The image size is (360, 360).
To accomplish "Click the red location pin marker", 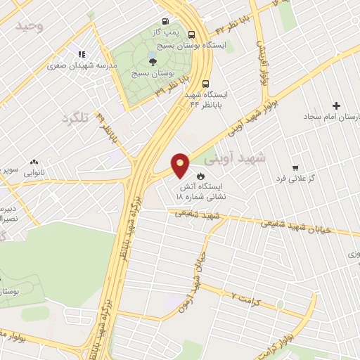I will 181,165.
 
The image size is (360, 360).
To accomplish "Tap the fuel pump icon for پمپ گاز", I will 165,21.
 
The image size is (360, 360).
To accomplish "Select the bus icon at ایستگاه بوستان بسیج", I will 192,33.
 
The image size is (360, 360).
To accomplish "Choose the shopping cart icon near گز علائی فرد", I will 296,168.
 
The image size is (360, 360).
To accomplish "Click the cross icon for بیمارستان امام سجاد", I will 336,105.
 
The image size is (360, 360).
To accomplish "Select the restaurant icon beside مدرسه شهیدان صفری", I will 81,54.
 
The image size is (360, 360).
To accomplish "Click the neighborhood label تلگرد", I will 77,117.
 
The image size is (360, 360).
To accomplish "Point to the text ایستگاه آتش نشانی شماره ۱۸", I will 224,193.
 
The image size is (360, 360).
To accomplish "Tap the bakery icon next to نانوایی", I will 33,162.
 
